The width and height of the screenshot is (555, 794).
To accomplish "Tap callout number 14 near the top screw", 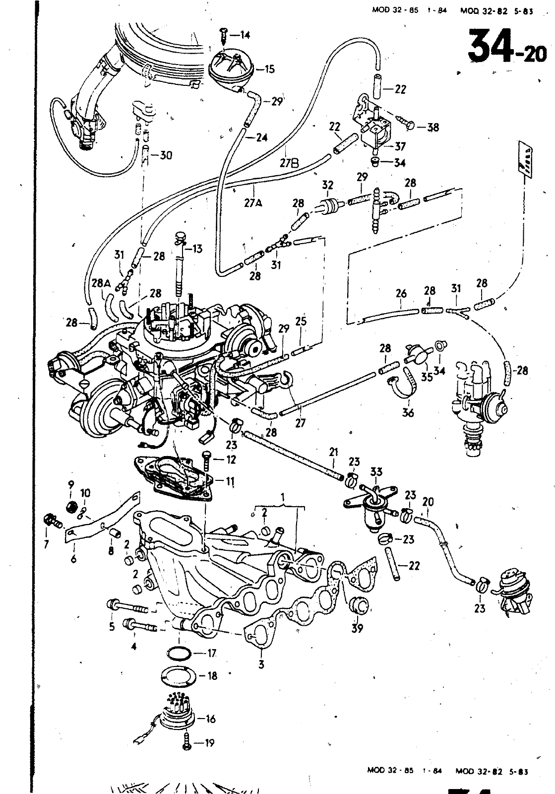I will tap(245, 35).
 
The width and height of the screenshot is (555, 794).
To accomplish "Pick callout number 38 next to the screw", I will tap(432, 127).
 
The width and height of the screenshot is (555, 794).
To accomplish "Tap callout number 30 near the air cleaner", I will tap(166, 155).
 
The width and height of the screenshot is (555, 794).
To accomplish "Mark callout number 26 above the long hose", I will tap(401, 293).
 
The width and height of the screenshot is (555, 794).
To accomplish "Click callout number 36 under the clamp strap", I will tap(408, 413).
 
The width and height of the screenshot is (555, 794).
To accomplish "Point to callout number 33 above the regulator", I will tap(376, 472).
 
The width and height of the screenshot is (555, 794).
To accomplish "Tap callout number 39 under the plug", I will tap(357, 628).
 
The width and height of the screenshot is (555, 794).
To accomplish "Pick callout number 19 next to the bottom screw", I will tap(210, 743).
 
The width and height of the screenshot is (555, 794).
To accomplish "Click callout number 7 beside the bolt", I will tap(46, 545).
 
